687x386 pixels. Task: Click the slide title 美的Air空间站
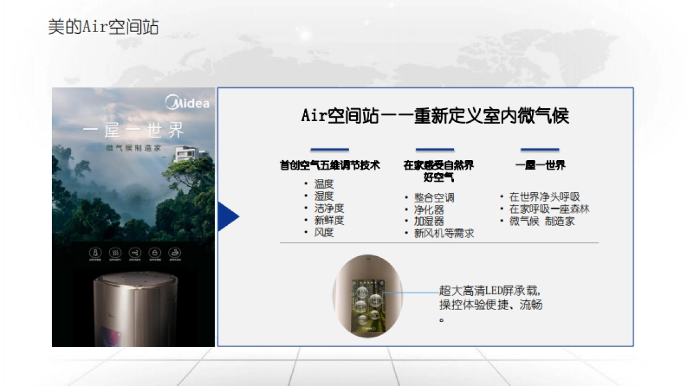pyautogui.click(x=103, y=27)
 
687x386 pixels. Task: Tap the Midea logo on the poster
pyautogui.click(x=188, y=104)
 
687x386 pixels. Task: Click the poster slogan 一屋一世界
pyautogui.click(x=133, y=131)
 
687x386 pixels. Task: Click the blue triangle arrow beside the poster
pyautogui.click(x=228, y=217)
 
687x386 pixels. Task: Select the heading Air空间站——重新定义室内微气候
pyautogui.click(x=435, y=116)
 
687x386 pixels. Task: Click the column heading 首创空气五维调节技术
pyautogui.click(x=329, y=165)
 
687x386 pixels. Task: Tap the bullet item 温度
pyautogui.click(x=323, y=184)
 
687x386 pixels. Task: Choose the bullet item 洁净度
pyautogui.click(x=329, y=209)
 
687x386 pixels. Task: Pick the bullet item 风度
pyautogui.click(x=323, y=233)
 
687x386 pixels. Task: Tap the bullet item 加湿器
pyautogui.click(x=429, y=221)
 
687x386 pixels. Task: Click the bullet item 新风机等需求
pyautogui.click(x=444, y=233)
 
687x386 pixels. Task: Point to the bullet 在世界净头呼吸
pyautogui.click(x=544, y=197)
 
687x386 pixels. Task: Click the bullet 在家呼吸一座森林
pyautogui.click(x=549, y=209)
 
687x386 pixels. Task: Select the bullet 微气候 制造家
pyautogui.click(x=542, y=221)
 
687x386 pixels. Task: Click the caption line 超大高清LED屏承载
pyautogui.click(x=489, y=291)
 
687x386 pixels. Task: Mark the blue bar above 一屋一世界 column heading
pyautogui.click(x=539, y=150)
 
